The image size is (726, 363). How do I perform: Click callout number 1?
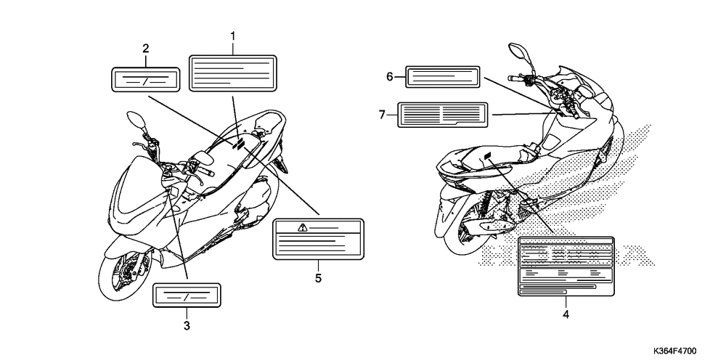point(233,35)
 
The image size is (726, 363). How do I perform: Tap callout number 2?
point(146,49)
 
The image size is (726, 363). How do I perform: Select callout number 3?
point(187,326)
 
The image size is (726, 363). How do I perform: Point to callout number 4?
point(566,314)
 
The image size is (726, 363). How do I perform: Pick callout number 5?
point(318,277)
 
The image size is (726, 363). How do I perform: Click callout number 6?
point(390,76)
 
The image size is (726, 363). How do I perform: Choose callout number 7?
point(383,113)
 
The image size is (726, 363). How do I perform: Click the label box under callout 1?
point(233,73)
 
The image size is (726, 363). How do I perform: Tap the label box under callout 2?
point(145,80)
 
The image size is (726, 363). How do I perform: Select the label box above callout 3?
point(187,296)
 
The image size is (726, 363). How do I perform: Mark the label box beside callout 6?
point(442,76)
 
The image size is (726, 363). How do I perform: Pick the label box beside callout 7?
point(441,114)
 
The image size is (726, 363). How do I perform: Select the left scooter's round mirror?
point(135,118)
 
